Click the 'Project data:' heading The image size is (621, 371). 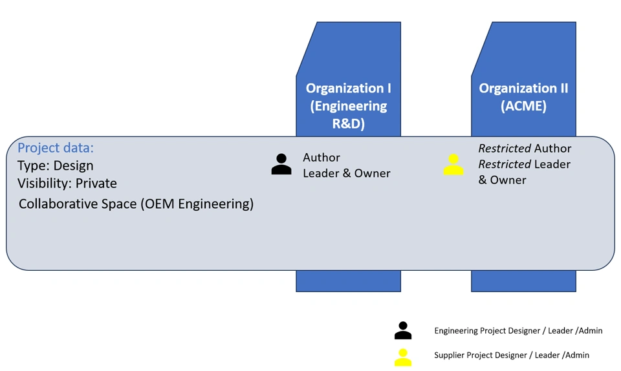coord(56,148)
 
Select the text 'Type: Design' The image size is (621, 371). coord(56,166)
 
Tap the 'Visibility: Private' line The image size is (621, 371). coord(67,184)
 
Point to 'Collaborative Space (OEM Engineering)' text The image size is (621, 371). coord(136,204)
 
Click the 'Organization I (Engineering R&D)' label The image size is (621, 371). coord(348,105)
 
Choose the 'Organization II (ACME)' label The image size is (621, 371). coord(523,97)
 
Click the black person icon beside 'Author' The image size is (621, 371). coord(281,165)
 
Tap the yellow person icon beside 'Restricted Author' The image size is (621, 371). coord(453,165)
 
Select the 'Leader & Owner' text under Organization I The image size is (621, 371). coord(346,173)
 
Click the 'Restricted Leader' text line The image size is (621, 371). coord(525,164)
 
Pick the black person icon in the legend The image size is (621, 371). coord(403,330)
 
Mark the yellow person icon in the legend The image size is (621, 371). coord(403,357)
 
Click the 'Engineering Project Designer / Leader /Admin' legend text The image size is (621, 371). coord(518,331)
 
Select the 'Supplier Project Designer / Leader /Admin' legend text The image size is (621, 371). coord(512,355)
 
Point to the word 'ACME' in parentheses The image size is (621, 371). coord(523,106)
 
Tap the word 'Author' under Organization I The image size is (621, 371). coord(321,158)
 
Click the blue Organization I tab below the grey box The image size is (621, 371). coord(348,281)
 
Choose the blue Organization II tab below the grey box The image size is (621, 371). coord(523,281)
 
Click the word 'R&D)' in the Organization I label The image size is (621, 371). coord(348,123)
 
